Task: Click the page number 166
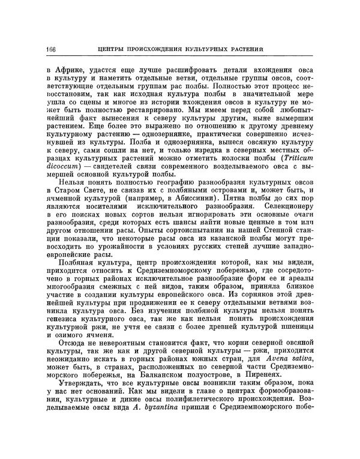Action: tap(49, 49)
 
